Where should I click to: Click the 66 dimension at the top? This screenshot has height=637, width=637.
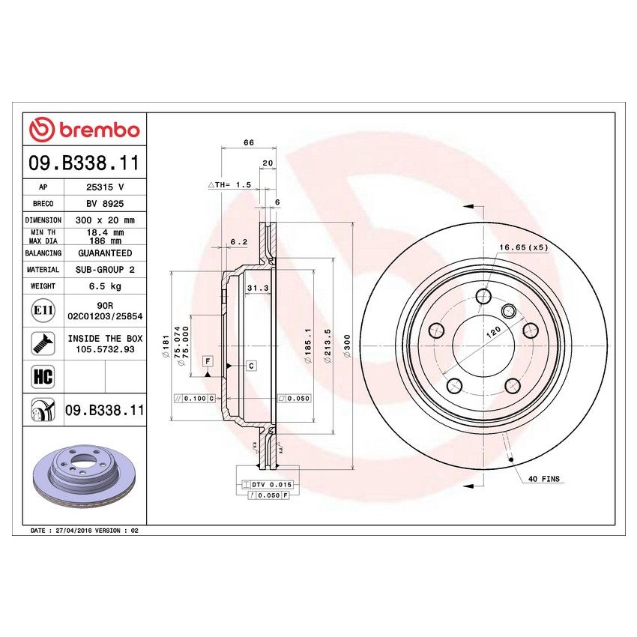click(247, 142)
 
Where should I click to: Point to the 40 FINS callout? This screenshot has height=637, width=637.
click(544, 478)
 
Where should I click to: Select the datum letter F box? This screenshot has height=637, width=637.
click(208, 360)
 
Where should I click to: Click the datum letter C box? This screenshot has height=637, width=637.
click(251, 366)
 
